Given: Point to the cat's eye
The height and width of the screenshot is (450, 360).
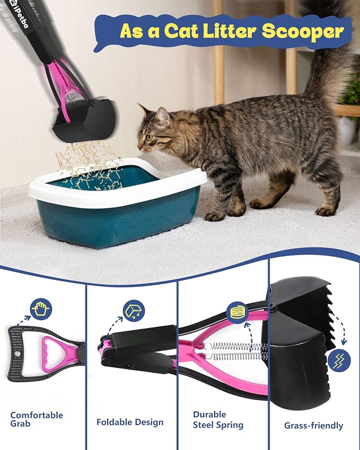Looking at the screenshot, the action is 149,138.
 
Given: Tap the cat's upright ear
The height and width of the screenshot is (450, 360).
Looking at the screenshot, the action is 162,117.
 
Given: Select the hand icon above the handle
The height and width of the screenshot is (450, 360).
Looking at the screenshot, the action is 41,309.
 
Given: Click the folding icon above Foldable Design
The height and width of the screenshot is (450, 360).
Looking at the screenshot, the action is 134,311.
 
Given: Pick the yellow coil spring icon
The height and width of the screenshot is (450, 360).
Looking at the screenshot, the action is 238,313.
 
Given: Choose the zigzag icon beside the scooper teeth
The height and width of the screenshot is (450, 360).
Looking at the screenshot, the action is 339,360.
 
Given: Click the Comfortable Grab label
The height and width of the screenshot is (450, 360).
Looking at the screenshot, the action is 37,419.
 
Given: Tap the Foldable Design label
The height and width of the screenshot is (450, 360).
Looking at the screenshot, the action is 130,422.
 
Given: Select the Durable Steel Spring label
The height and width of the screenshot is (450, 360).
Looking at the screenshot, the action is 218,420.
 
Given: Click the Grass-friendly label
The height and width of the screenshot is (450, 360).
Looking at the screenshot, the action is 313,426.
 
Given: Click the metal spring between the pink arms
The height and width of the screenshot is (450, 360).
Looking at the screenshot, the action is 236,351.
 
